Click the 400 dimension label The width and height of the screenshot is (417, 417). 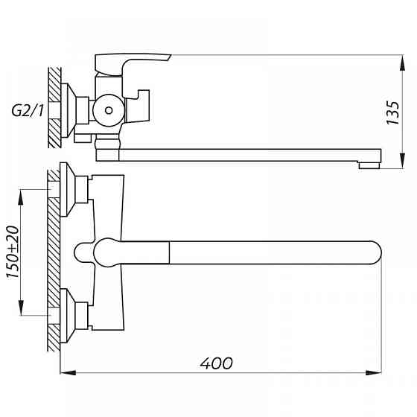click(x=217, y=363)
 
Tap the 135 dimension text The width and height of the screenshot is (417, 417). click(x=393, y=112)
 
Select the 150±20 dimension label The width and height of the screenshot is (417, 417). click(x=13, y=252)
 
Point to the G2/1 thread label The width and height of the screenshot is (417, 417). click(x=28, y=111)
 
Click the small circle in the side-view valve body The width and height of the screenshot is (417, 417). click(x=109, y=110)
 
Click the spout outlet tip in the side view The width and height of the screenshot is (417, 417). click(x=369, y=165)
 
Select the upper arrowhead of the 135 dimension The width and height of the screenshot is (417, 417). click(x=403, y=63)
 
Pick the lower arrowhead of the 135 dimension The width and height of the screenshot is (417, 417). click(x=403, y=160)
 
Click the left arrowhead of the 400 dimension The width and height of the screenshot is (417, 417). click(x=68, y=373)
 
